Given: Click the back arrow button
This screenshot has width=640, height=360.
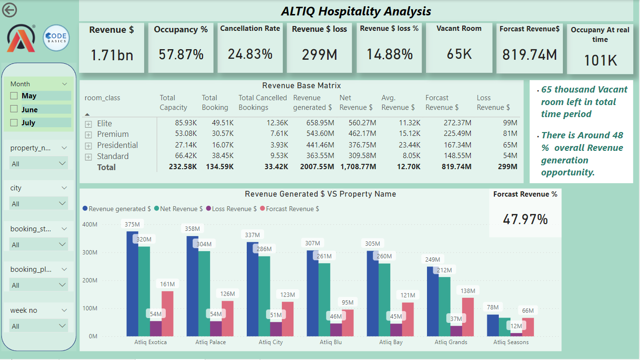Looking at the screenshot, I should point(9,10).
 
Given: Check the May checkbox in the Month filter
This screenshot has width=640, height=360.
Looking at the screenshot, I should point(14,96).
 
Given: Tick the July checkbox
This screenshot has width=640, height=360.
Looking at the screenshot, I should point(14,122).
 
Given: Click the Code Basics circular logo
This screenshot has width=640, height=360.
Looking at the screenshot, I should point(56,38).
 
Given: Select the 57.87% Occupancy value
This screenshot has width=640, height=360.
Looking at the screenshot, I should point(181,54).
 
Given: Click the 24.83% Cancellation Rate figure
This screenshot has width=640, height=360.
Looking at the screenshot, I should point(250,53).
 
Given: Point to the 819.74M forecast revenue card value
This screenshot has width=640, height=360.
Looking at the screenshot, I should point(529,54).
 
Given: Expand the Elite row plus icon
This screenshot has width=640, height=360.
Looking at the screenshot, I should point(88,124).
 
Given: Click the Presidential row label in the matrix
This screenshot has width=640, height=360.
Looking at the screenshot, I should point(117,145).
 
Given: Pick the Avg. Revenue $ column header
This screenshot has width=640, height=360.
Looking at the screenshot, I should point(398,103).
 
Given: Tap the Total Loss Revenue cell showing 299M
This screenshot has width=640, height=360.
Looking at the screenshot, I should point(507,167).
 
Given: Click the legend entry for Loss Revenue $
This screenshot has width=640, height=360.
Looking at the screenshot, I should point(232,209).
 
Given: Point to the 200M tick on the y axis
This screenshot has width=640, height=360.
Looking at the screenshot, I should point(90,280).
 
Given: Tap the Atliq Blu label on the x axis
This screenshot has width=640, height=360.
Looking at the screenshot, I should point(331,342).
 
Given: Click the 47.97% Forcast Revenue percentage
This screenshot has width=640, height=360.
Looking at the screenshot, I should point(525,219).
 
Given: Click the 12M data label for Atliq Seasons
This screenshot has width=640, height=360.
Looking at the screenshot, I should point(516,326).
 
